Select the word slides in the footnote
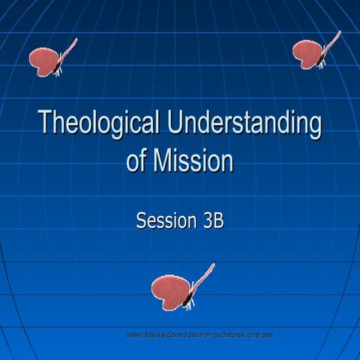[x=166, y=334]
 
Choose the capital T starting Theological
[x=44, y=123]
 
